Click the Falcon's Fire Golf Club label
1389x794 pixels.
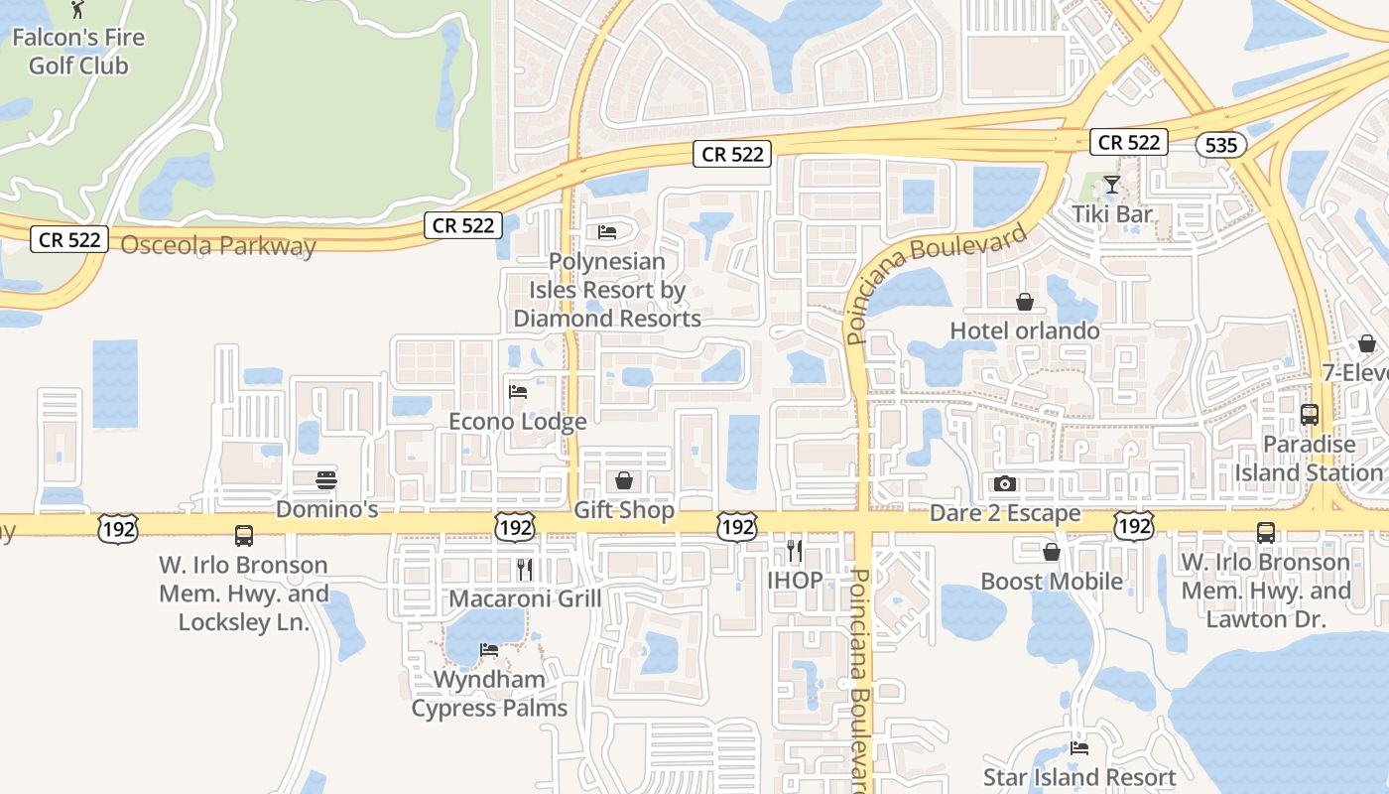click(78, 52)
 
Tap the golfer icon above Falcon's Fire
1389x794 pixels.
click(78, 10)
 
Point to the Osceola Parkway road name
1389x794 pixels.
click(218, 245)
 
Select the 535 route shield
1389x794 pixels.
click(1220, 145)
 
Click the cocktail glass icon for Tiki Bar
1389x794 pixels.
click(1112, 185)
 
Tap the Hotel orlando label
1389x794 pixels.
click(1024, 331)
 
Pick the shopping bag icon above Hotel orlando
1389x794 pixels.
click(1024, 302)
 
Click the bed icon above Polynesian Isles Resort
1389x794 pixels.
click(607, 232)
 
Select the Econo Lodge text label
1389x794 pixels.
click(518, 421)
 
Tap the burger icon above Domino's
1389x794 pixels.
click(326, 480)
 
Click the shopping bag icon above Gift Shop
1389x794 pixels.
click(624, 481)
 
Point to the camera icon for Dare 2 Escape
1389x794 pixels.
click(1005, 484)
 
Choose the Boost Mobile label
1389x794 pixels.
click(1052, 581)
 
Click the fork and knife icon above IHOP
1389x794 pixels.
click(794, 549)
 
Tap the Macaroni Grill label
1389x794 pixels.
click(525, 598)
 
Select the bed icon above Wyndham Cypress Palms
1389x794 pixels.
click(489, 651)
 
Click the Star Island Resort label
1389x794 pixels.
click(1078, 777)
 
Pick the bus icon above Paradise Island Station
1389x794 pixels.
click(1309, 415)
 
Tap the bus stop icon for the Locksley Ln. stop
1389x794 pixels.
click(244, 536)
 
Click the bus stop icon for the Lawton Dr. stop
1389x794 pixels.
click(1265, 533)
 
